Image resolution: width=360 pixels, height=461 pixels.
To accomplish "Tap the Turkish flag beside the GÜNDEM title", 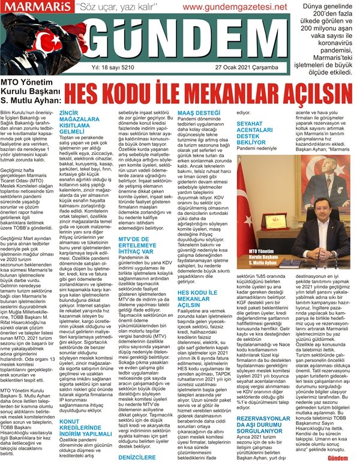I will click(x=27, y=45).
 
